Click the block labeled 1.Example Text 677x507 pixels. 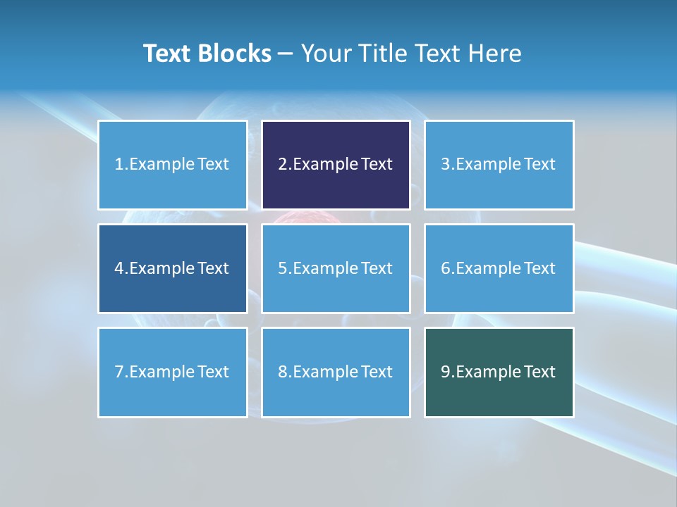click(x=173, y=165)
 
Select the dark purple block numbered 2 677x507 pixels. click(x=336, y=165)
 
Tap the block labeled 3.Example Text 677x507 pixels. click(x=499, y=165)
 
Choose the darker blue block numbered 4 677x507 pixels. click(x=173, y=268)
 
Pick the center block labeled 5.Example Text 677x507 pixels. click(x=336, y=268)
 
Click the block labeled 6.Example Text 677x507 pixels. click(x=499, y=268)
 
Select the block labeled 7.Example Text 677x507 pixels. click(x=173, y=372)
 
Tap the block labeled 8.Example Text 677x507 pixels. click(x=336, y=372)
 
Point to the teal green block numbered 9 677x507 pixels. click(x=499, y=372)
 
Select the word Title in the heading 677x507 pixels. click(x=384, y=54)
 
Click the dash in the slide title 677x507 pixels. click(x=286, y=54)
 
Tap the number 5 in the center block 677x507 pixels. click(x=282, y=268)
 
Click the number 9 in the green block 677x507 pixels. click(x=445, y=372)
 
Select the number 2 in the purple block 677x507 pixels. click(x=282, y=165)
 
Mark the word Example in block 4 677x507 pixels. click(x=161, y=268)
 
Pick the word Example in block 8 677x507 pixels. click(x=324, y=372)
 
